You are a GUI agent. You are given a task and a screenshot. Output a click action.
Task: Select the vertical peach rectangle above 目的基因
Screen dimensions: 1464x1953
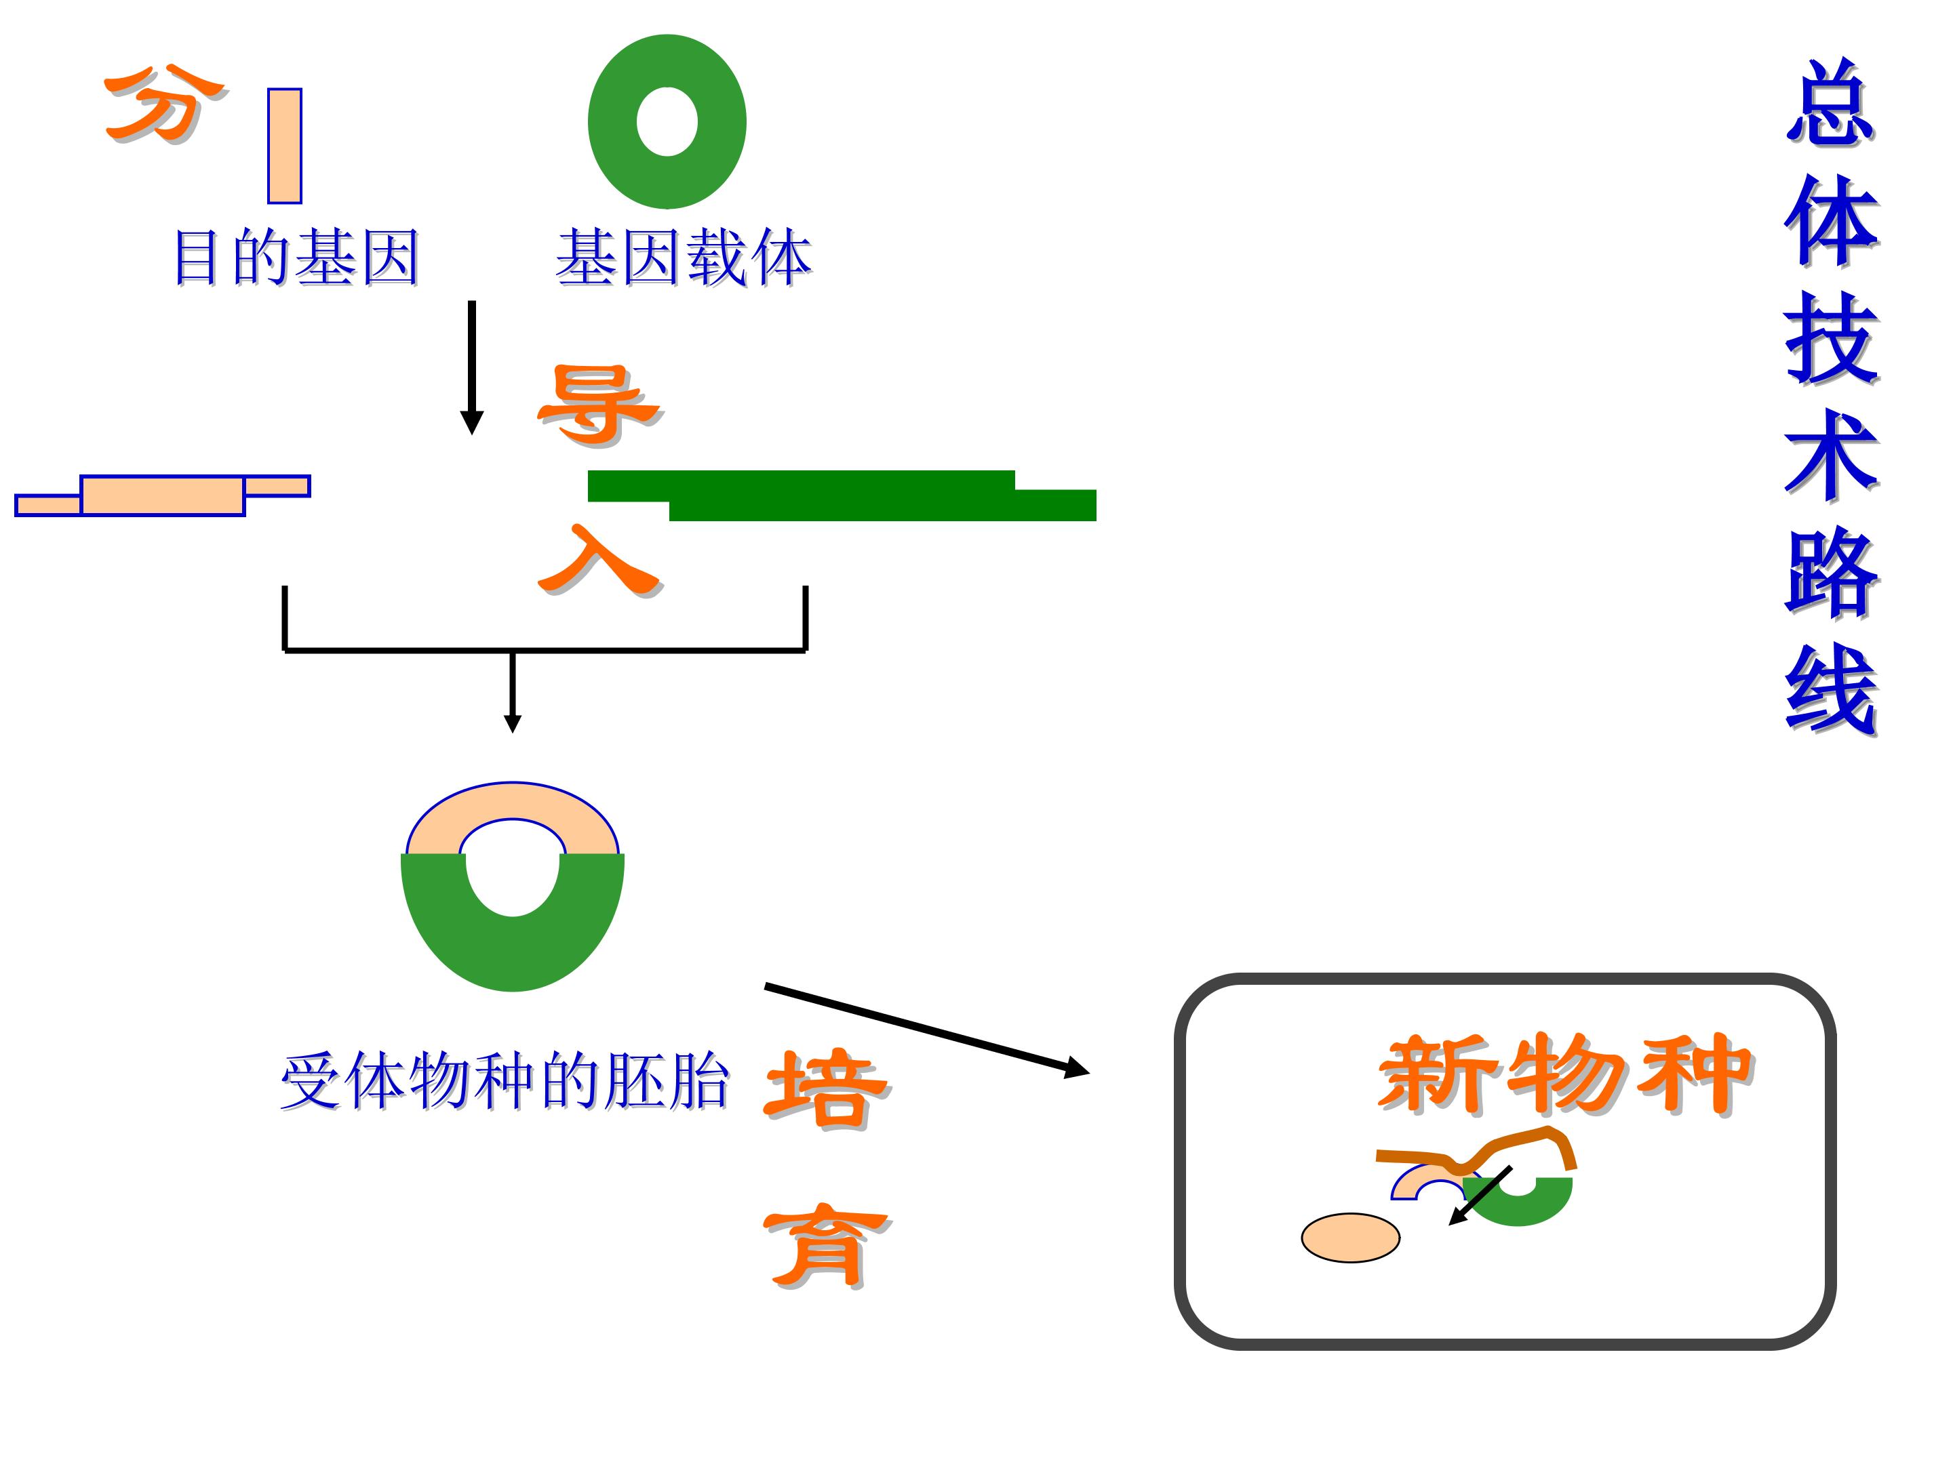click(284, 146)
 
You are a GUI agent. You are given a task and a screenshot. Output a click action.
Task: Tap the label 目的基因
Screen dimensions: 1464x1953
click(296, 258)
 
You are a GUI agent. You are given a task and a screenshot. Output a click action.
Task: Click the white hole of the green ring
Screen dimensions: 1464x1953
click(667, 122)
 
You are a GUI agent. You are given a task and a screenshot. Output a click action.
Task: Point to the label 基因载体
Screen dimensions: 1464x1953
click(682, 258)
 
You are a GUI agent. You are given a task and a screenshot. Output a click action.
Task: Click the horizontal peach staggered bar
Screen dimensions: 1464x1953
click(163, 494)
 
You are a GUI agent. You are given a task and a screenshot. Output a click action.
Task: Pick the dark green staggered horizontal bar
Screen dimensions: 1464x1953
click(842, 496)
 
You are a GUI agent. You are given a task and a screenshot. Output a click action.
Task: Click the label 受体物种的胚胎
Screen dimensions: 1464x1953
click(504, 1080)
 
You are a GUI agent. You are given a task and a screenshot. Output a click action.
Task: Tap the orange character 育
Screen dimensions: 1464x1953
click(825, 1244)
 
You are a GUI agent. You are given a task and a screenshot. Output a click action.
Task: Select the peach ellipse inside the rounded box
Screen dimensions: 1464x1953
click(1350, 1237)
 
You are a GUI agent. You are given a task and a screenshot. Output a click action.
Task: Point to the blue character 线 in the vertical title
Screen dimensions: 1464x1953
click(1830, 689)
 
